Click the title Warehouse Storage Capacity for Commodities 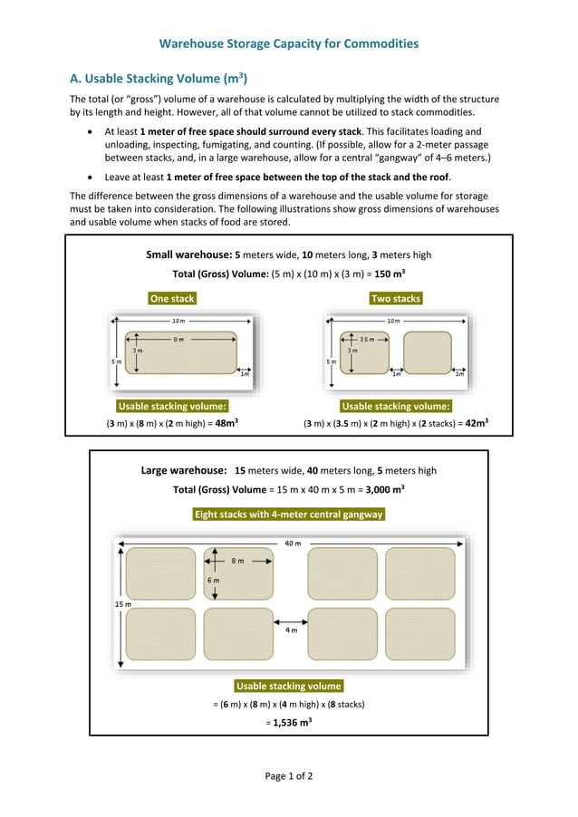pyautogui.click(x=288, y=43)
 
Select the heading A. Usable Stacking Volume pyautogui.click(x=159, y=78)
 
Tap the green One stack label pyautogui.click(x=171, y=298)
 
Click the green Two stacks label pyautogui.click(x=396, y=298)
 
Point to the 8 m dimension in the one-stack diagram pyautogui.click(x=178, y=340)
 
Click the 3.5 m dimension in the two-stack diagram pyautogui.click(x=367, y=340)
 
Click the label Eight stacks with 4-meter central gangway pyautogui.click(x=289, y=514)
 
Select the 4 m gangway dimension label pyautogui.click(x=291, y=630)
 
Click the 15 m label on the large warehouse pyautogui.click(x=122, y=603)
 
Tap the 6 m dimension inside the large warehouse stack pyautogui.click(x=213, y=580)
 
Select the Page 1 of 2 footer pyautogui.click(x=288, y=775)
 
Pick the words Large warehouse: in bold pyautogui.click(x=184, y=470)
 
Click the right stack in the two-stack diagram pyautogui.click(x=427, y=352)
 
